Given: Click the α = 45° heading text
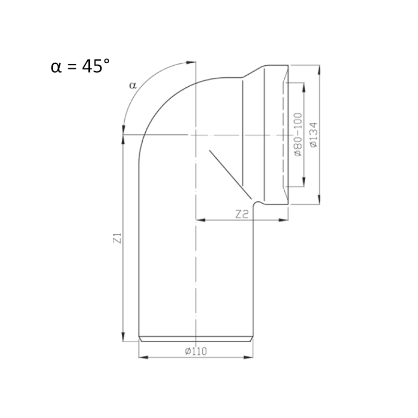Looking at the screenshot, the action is tap(80, 66).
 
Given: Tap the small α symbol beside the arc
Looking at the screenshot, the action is tap(133, 85).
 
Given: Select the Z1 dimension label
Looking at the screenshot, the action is tap(118, 238).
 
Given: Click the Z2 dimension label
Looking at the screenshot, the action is tap(242, 214).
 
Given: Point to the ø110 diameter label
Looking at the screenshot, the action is tap(196, 351).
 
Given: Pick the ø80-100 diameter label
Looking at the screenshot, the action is tap(298, 135).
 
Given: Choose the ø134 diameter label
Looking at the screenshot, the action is tap(314, 135).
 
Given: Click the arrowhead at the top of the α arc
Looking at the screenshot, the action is tap(191, 62).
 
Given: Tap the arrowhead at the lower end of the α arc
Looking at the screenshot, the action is tap(123, 130).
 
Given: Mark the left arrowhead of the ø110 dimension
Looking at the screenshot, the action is tap(143, 357).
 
